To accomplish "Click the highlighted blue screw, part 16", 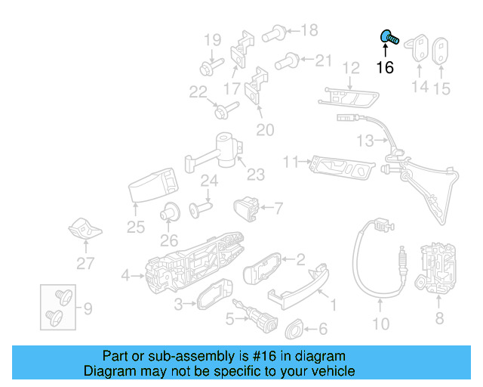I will point(389,37).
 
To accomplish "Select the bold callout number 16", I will point(385,67).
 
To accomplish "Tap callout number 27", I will point(86,263).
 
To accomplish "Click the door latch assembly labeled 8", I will point(437,269).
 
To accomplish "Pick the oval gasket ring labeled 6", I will point(294,329).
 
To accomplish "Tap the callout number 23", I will point(256,175).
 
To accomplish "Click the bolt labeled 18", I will point(275,33).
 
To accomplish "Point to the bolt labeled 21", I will point(288,60).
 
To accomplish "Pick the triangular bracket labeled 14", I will point(417,47).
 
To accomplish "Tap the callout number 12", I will point(350,69).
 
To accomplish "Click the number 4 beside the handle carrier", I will point(125,274).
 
